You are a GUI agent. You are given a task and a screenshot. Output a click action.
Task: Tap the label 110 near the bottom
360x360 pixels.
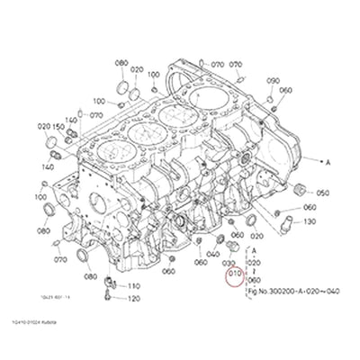(133, 285)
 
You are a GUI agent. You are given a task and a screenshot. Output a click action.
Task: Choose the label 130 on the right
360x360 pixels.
(309, 221)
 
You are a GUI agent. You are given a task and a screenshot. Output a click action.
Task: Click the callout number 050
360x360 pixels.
(322, 193)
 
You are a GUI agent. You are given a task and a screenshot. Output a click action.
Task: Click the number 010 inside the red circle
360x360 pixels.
(234, 272)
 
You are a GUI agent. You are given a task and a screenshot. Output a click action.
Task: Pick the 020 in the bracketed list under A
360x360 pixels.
(254, 261)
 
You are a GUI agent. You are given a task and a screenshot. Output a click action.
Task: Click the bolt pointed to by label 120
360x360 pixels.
(108, 285)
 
